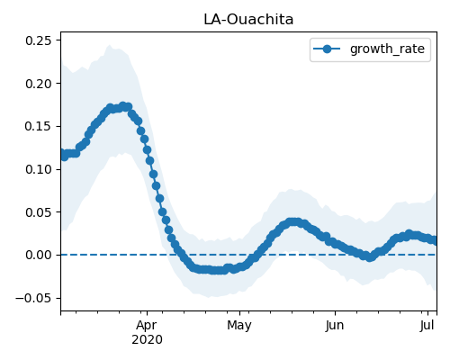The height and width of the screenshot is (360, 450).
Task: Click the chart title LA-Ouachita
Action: tap(248, 20)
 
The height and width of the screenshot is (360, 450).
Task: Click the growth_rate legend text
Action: tap(387, 49)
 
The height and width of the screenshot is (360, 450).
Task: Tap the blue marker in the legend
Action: tap(327, 49)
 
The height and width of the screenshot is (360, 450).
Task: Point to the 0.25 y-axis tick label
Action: tap(39, 40)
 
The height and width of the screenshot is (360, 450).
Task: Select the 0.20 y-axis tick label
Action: tap(39, 84)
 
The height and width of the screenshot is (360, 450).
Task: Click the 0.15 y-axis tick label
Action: tap(39, 126)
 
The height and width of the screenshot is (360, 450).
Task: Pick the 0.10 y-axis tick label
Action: tap(39, 169)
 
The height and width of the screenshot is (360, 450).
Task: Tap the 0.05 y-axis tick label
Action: tap(39, 212)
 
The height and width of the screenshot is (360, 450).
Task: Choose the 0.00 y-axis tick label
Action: tap(39, 256)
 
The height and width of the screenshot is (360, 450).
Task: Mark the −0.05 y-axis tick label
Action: tap(33, 298)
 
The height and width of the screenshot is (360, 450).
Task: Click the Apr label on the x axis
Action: tap(147, 326)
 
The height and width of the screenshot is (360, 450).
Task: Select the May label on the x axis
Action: tap(239, 326)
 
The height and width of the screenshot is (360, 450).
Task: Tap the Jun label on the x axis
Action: tap(335, 326)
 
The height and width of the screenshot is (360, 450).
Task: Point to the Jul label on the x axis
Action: tap(427, 326)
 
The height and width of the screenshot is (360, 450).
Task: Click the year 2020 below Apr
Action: tap(147, 340)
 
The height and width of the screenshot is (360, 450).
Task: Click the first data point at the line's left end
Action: tap(61, 153)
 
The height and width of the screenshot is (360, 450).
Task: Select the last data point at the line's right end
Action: tap(434, 240)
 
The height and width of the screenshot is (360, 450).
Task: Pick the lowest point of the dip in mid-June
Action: tap(370, 257)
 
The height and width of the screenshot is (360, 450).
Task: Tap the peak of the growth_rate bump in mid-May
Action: tap(292, 222)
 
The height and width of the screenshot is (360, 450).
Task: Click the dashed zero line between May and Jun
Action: tap(287, 255)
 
